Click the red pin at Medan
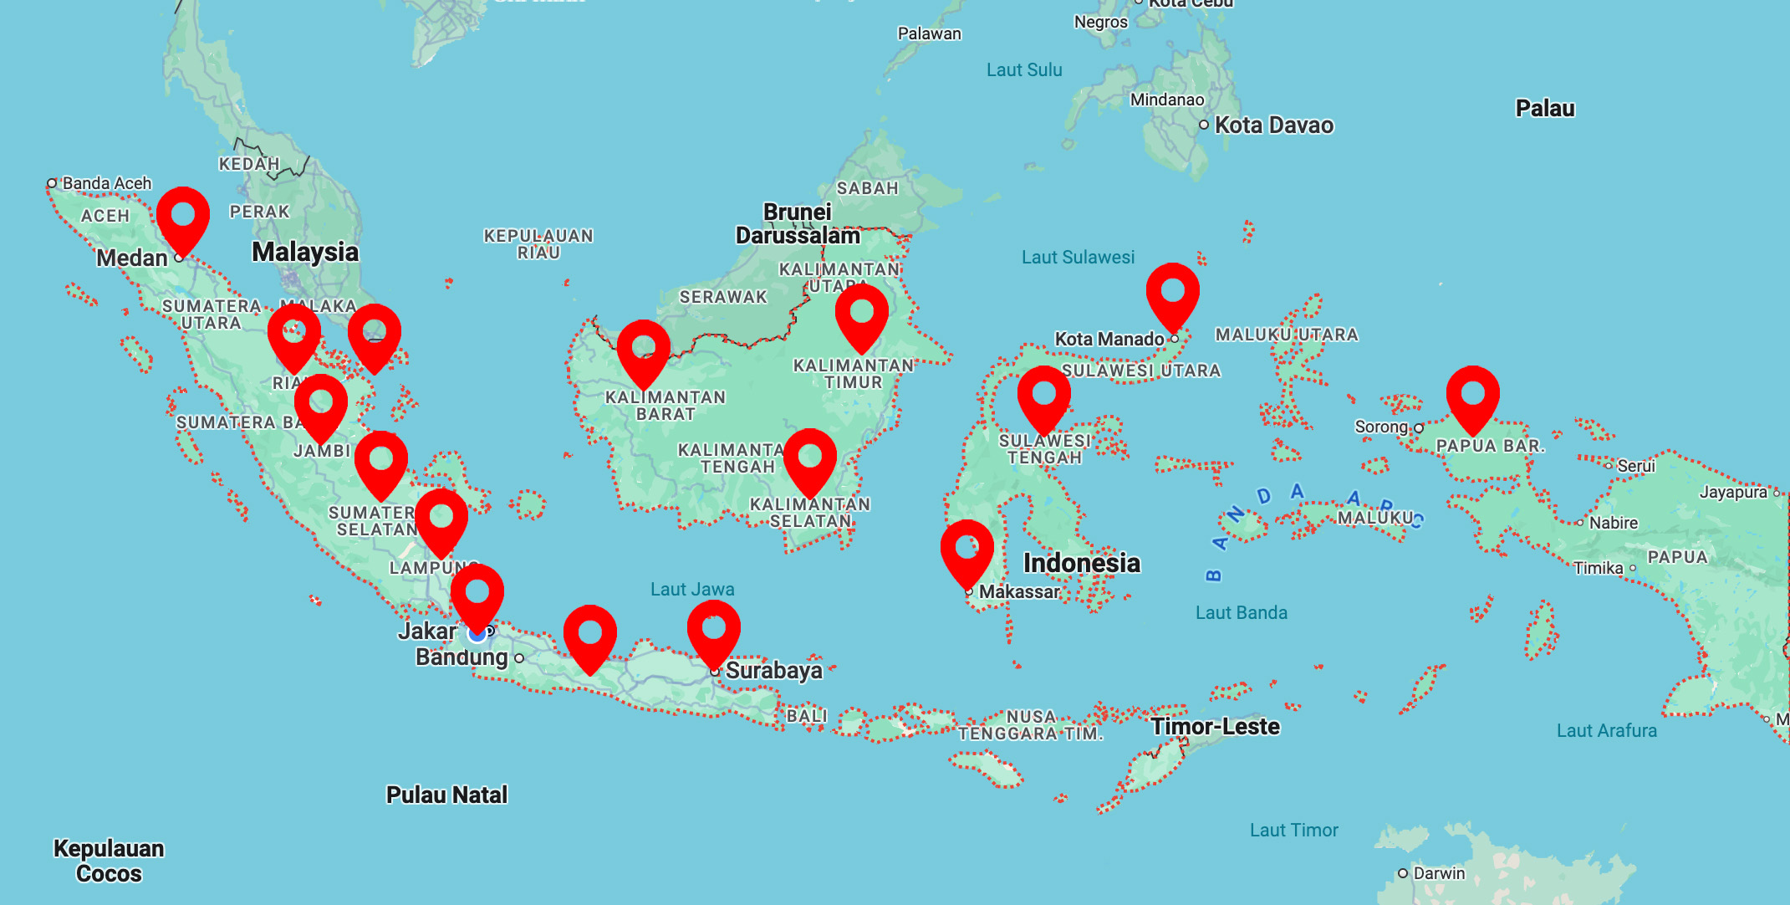[183, 217]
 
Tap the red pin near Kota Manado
[1172, 293]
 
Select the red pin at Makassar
[967, 550]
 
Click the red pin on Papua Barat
[1472, 396]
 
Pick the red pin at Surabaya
[713, 629]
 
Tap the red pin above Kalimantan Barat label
[643, 350]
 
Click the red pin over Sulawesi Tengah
[1043, 396]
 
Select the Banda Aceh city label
[106, 183]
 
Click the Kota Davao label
[1273, 125]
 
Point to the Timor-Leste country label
[1215, 726]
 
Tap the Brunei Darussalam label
[798, 223]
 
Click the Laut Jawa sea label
[692, 589]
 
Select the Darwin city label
[1438, 873]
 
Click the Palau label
[1545, 109]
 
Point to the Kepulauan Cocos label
[109, 861]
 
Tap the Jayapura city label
[1733, 493]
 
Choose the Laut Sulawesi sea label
[1078, 258]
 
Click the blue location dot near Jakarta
[477, 635]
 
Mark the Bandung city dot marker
[519, 658]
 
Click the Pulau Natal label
[446, 795]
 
